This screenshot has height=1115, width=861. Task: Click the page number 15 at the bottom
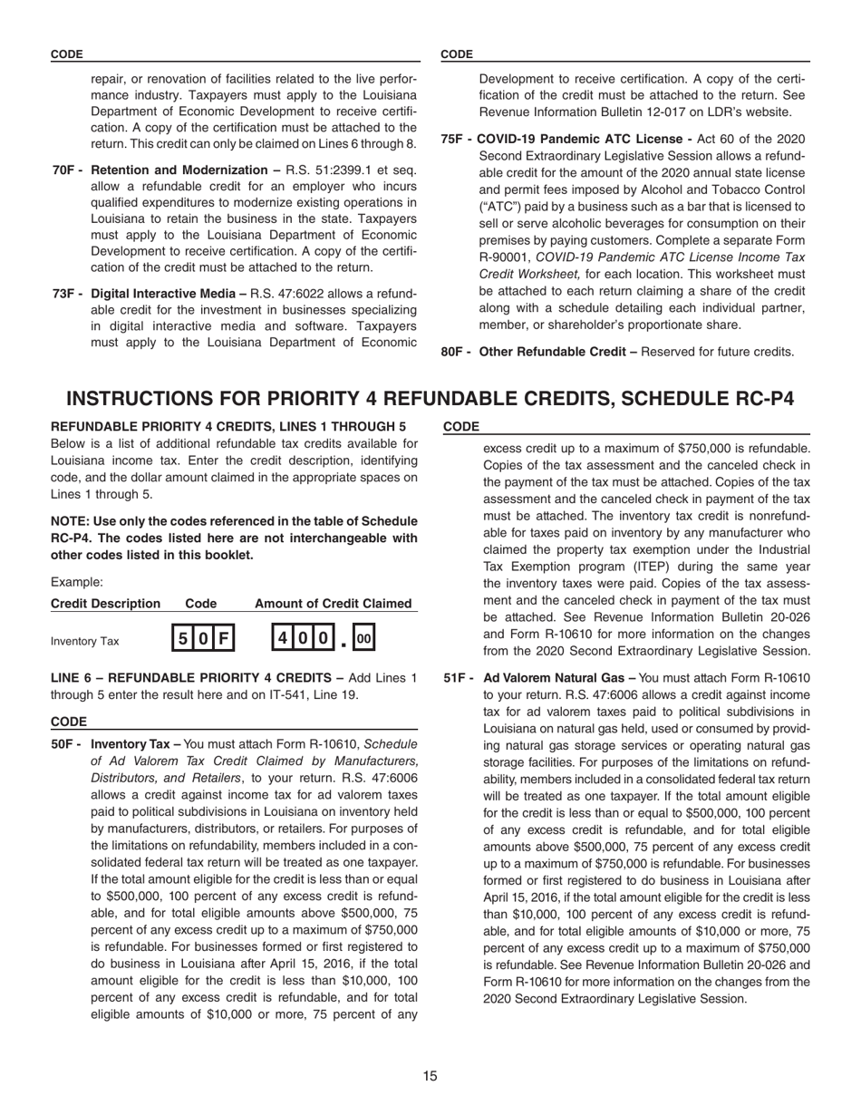[430, 1076]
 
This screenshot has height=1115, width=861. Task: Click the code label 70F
[68, 170]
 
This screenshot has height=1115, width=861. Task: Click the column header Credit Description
[105, 604]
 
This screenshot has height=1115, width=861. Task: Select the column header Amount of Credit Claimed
[333, 604]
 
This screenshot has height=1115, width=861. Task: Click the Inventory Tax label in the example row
[84, 642]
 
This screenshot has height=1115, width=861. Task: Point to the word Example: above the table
[76, 582]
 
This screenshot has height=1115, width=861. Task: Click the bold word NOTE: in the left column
[70, 521]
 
